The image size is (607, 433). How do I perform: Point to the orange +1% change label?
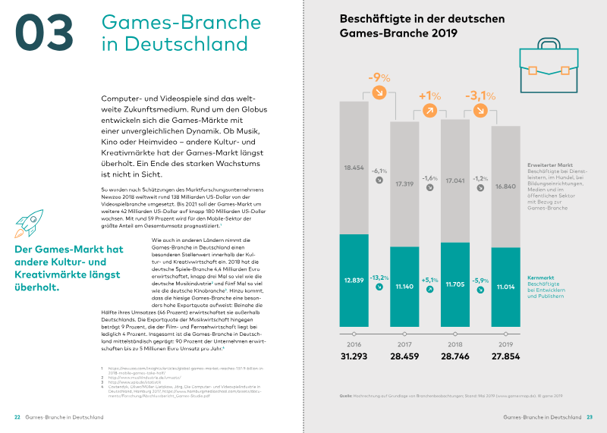429,96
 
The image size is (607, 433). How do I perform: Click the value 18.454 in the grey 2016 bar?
355,167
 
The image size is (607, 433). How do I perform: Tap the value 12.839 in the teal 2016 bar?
355,281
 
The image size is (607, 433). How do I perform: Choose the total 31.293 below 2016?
355,356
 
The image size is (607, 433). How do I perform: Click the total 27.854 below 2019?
505,356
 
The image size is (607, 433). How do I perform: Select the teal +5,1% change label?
430,280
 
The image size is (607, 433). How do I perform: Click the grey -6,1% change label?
379,171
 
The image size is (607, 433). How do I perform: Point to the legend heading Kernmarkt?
543,278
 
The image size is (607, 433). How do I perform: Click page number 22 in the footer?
17,417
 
